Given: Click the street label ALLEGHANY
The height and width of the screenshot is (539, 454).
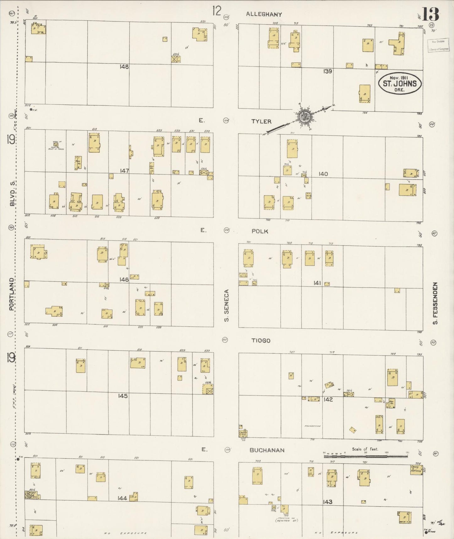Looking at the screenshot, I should click(264, 14).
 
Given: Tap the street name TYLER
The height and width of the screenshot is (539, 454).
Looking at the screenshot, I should click(261, 121).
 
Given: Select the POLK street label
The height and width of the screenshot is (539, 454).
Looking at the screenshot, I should click(260, 231).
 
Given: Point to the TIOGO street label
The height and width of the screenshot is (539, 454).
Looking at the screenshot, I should click(261, 341).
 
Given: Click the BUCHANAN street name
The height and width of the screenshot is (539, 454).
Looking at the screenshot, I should click(267, 450).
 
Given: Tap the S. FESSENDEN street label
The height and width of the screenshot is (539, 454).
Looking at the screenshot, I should click(435, 303).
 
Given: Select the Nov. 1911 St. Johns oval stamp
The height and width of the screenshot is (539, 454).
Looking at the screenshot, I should click(400, 83).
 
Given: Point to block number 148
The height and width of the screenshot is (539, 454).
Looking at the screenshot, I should click(124, 67).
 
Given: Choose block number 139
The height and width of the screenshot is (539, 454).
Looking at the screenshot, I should click(328, 71).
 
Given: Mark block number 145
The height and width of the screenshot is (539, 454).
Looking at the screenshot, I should click(123, 396).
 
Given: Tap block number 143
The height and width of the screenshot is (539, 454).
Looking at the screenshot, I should click(327, 502).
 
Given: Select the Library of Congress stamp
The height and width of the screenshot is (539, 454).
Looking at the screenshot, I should click(437, 45).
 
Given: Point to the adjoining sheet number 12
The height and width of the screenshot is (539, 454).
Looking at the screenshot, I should click(216, 11).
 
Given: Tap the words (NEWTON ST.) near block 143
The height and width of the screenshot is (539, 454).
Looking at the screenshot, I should click(286, 521).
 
